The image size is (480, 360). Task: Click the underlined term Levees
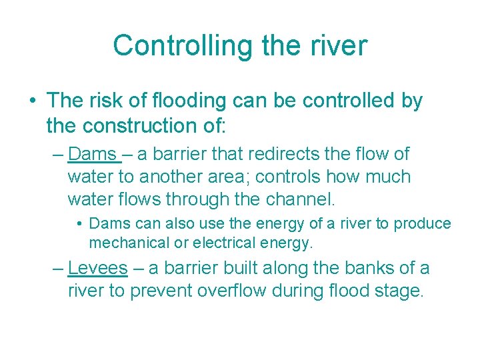tap(97, 268)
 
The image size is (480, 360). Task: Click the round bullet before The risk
tap(32, 101)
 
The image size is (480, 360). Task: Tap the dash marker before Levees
tap(58, 269)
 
